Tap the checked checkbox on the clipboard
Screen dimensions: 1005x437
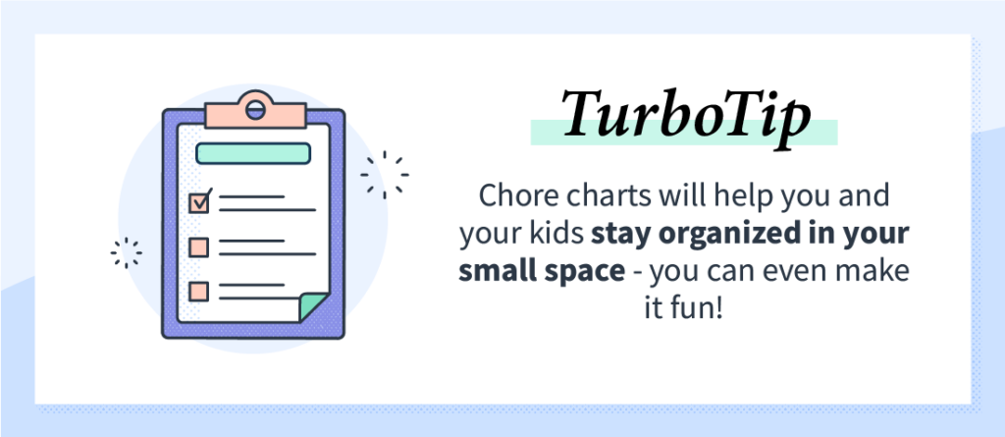[x=199, y=202]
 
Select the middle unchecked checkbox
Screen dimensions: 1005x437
[x=198, y=247]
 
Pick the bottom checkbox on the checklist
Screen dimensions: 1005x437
[x=198, y=292]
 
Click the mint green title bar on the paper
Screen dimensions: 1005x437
[x=253, y=153]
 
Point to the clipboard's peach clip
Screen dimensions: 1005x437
[x=255, y=111]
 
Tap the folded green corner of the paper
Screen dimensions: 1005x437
[x=313, y=306]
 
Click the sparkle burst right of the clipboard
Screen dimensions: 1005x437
[x=385, y=175]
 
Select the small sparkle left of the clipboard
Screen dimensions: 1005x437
[x=127, y=252]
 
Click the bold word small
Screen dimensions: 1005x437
[x=495, y=271]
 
